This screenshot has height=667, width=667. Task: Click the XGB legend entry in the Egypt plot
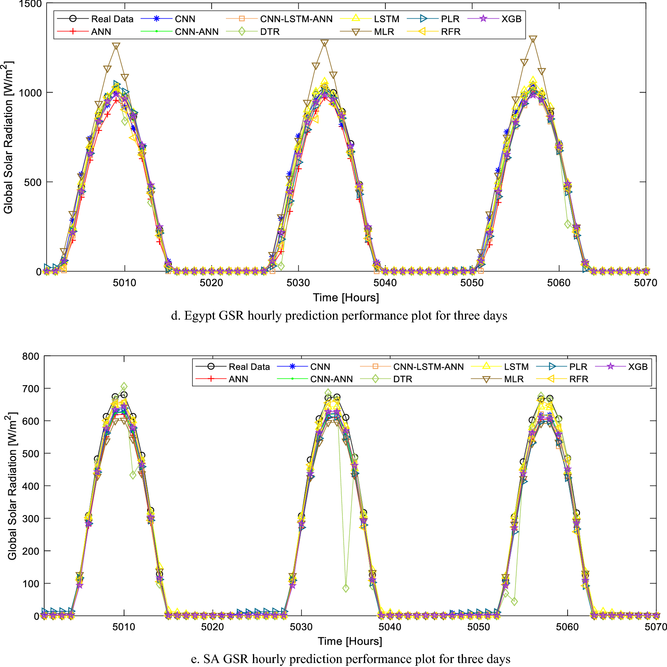click(x=511, y=19)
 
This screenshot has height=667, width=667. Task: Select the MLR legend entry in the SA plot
click(x=513, y=379)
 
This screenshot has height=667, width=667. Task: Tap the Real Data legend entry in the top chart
click(x=112, y=19)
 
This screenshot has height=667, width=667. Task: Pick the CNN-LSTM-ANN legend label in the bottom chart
click(x=428, y=367)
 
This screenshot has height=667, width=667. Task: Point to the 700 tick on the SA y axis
click(x=31, y=389)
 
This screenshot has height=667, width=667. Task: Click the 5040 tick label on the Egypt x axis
click(x=385, y=283)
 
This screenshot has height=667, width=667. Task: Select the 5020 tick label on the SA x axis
click(x=212, y=627)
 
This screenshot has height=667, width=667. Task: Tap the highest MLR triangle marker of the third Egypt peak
click(x=533, y=39)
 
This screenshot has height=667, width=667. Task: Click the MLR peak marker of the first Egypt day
click(x=116, y=46)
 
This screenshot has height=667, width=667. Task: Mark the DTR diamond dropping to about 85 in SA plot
click(x=346, y=588)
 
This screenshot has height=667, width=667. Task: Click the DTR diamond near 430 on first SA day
click(x=133, y=475)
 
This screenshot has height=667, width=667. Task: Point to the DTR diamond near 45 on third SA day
click(x=514, y=602)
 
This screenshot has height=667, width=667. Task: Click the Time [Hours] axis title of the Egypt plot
click(x=346, y=297)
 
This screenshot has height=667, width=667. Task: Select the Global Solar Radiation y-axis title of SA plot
click(x=12, y=486)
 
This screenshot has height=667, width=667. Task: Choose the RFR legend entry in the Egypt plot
click(x=450, y=32)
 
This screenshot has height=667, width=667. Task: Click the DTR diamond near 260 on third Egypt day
click(x=568, y=224)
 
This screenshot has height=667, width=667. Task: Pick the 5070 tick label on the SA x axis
click(x=655, y=627)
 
